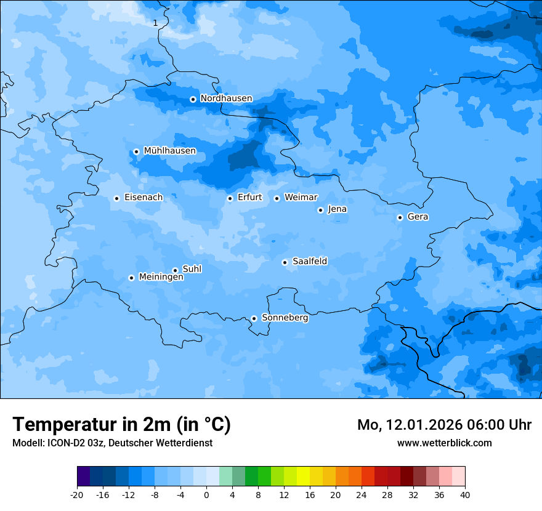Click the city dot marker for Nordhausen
(x=193, y=99)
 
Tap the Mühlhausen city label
(x=169, y=151)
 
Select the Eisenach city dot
(x=116, y=198)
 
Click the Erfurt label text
(x=249, y=198)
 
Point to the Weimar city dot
(x=277, y=198)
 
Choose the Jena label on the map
(x=337, y=209)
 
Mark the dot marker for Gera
(x=400, y=217)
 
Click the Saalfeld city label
(x=309, y=262)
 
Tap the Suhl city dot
(x=175, y=270)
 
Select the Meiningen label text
(x=161, y=278)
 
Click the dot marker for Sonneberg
(x=254, y=318)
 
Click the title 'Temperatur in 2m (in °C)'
(x=121, y=425)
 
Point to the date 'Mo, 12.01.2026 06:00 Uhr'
(x=444, y=425)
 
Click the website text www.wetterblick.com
(x=444, y=443)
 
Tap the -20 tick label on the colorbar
(x=77, y=495)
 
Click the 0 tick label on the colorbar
(x=206, y=495)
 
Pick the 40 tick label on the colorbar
(x=464, y=495)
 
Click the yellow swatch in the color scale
(x=303, y=477)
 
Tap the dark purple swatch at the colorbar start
(x=83, y=477)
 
